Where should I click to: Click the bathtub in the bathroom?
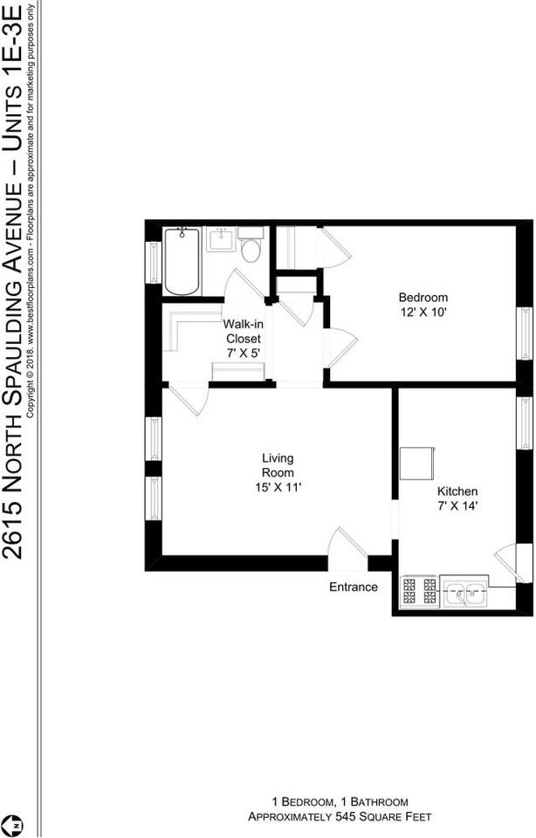point(182,260)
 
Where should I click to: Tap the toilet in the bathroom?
point(251,248)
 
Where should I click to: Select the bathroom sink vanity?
point(221,239)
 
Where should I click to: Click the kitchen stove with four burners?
point(419,592)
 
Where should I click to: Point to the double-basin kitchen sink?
point(464,593)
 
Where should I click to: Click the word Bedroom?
point(423,297)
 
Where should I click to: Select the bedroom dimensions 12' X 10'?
point(423,313)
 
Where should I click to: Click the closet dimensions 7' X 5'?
point(244,354)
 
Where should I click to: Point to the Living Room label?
point(278,465)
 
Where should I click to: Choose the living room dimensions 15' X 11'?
point(278,488)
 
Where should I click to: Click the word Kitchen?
point(457,491)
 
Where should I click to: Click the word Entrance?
point(354,587)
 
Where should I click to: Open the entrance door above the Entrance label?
point(347,550)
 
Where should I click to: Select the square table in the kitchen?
point(417,464)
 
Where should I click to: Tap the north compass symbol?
point(15,823)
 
